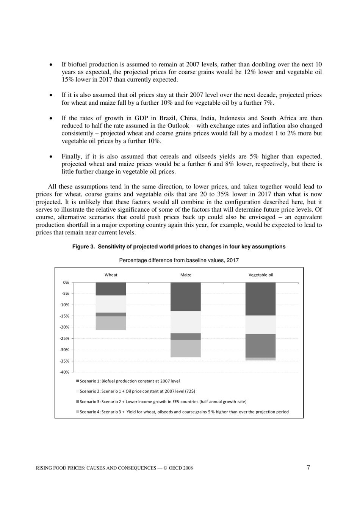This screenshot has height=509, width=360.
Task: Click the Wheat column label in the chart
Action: tap(111, 275)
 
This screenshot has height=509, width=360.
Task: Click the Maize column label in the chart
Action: tap(186, 275)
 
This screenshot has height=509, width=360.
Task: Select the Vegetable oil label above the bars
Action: tap(260, 275)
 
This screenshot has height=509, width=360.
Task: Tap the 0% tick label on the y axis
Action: tap(66, 282)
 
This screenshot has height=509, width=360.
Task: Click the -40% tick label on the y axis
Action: tap(64, 372)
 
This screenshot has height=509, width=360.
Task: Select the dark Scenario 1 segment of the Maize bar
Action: tap(186, 297)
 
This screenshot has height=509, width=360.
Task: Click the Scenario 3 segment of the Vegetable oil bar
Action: tap(260, 346)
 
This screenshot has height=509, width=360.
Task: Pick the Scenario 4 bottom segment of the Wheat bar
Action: tap(111, 323)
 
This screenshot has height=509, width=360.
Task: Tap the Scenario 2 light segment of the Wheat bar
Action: tap(111, 304)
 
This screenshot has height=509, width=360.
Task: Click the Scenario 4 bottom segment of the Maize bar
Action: tap(186, 348)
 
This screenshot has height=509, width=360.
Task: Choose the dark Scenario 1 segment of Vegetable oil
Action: tap(260, 299)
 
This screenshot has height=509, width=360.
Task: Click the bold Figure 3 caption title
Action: tap(179, 247)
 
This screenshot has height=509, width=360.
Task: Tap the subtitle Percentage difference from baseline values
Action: tap(179, 260)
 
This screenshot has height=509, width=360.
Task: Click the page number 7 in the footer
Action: tap(308, 467)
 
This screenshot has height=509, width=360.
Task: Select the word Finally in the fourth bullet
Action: tap(72, 156)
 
